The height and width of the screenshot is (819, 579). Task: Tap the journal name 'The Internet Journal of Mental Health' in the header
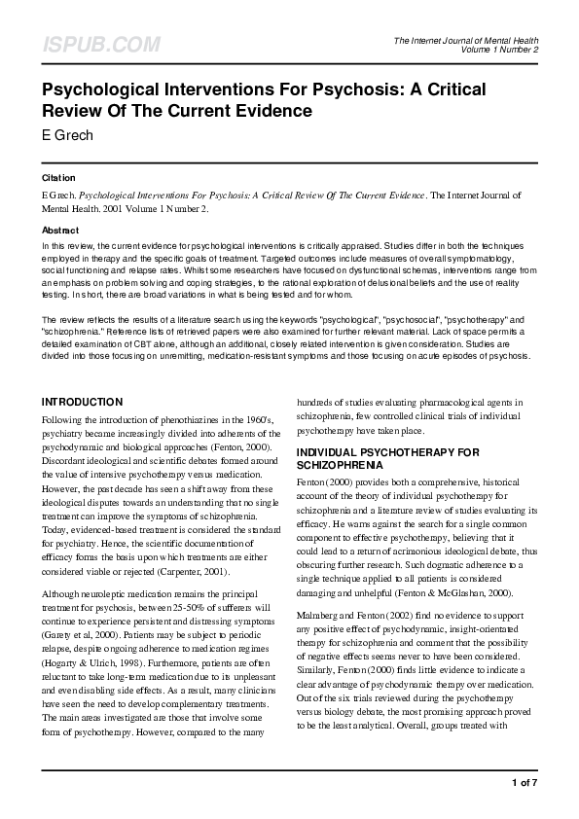[x=466, y=40]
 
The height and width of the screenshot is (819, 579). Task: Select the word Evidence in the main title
[x=276, y=111]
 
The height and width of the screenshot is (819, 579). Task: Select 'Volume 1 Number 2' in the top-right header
[x=500, y=50]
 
